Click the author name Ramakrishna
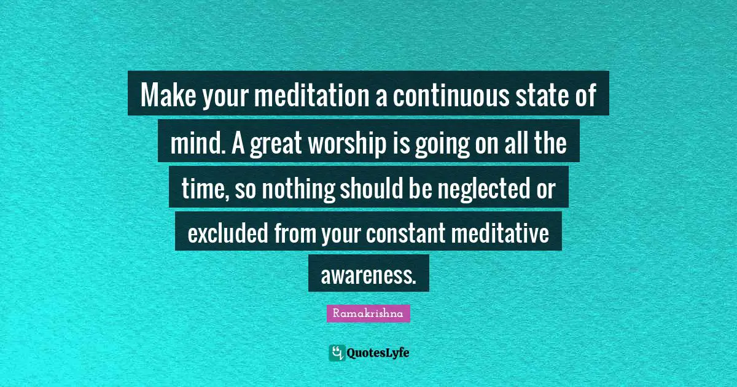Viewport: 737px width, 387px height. click(368, 313)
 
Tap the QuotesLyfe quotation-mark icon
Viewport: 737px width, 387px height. click(337, 353)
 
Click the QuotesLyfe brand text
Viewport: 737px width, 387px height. click(378, 353)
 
